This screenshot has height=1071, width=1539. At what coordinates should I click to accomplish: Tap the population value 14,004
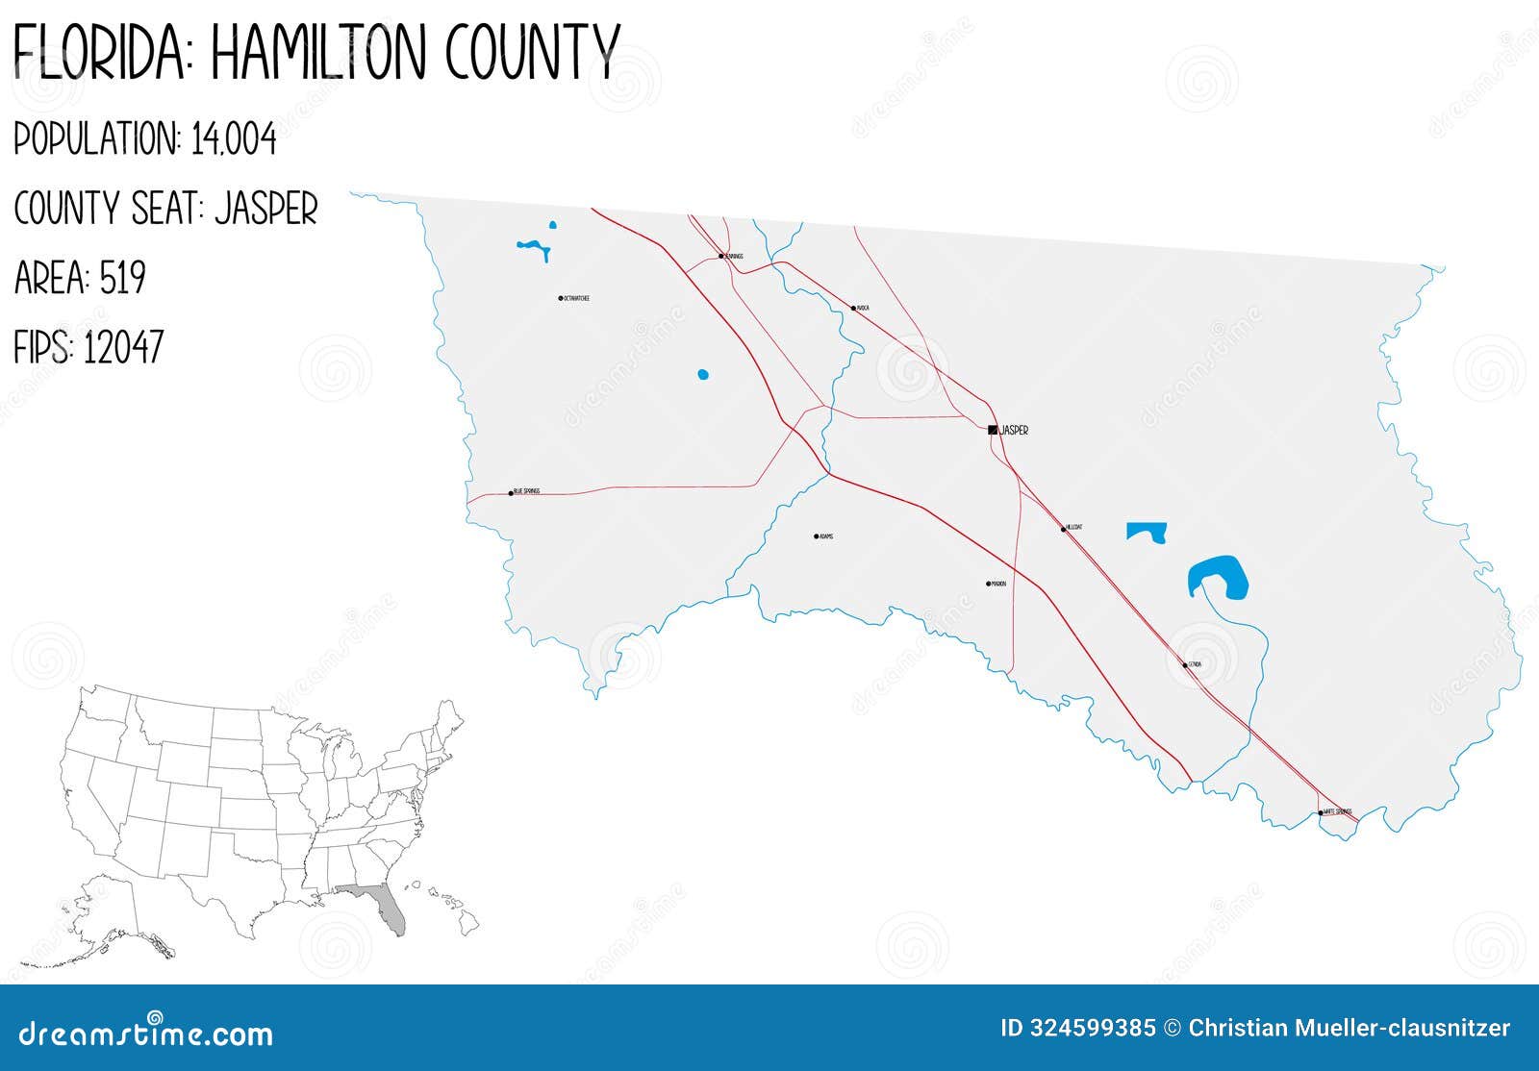[x=234, y=140]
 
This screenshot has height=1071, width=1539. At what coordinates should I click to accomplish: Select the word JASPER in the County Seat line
[x=266, y=209]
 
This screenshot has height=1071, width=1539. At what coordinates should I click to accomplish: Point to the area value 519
[x=123, y=279]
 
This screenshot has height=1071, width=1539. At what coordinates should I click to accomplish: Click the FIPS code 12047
[x=123, y=347]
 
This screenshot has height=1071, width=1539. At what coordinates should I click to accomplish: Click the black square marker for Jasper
[x=993, y=430]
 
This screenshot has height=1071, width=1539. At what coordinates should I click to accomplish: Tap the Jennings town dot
[x=720, y=256]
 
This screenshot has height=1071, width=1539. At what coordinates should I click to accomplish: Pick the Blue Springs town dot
[x=511, y=493]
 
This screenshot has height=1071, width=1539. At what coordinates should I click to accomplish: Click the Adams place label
[x=826, y=536]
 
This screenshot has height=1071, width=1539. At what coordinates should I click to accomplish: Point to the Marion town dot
[x=988, y=584]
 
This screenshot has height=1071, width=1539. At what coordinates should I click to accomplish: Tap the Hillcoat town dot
[x=1064, y=529]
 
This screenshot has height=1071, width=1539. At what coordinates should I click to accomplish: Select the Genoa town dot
[x=1185, y=664]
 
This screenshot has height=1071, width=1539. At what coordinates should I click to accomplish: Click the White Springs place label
[x=1338, y=812]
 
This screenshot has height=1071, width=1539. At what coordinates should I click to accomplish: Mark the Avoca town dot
[x=853, y=309]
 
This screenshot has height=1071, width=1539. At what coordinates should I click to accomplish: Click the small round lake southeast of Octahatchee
[x=703, y=374]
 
